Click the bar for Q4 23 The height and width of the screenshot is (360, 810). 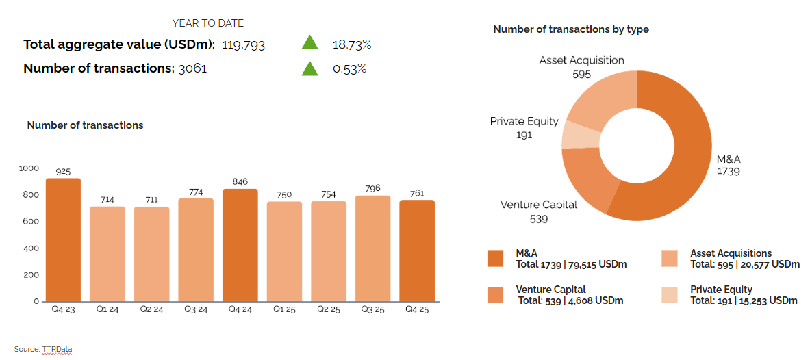point(63,240)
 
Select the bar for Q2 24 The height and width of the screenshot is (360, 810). point(151,254)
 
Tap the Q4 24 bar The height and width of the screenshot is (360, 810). point(240,245)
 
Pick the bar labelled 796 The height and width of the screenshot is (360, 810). point(372,248)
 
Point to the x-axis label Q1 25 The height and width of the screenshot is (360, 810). point(284,309)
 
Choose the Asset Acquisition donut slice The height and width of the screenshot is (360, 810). point(603,96)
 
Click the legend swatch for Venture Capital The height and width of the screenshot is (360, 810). point(495,294)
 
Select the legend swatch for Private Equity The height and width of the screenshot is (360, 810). point(670,294)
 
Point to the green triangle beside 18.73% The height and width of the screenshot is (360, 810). point(310,44)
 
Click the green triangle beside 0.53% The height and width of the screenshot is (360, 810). point(310,68)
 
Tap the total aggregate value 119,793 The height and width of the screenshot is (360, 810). point(243,45)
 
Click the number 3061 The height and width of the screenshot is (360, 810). point(192,68)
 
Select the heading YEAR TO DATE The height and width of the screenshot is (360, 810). point(207,23)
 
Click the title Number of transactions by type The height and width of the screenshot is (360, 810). point(571,29)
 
